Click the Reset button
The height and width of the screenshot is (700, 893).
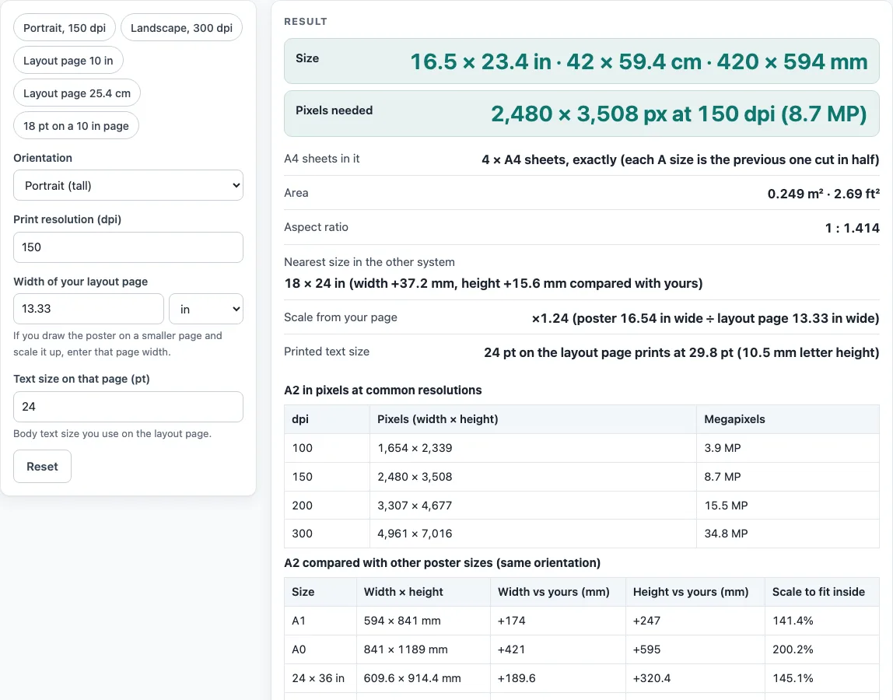click(42, 467)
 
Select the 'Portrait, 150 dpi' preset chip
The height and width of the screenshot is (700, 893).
click(65, 28)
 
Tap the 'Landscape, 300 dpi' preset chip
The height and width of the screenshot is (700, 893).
click(182, 28)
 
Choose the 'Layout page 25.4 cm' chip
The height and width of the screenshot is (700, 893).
click(77, 93)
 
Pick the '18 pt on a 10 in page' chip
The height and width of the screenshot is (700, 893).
click(76, 126)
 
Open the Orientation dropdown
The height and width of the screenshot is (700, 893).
click(128, 186)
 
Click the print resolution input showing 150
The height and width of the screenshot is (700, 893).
click(128, 247)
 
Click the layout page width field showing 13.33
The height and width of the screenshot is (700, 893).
click(88, 309)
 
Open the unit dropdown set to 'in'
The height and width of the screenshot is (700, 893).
click(206, 309)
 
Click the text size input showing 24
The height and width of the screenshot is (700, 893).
click(128, 407)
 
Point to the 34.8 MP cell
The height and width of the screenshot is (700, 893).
click(726, 534)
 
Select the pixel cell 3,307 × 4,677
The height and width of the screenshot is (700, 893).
click(415, 506)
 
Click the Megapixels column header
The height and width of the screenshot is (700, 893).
click(734, 419)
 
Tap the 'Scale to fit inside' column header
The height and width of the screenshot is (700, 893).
click(818, 592)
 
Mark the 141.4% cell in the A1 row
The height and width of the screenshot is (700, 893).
click(793, 621)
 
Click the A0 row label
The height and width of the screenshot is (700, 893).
click(299, 649)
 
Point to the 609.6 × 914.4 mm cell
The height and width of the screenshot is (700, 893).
click(412, 678)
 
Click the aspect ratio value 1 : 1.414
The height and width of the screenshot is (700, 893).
click(852, 228)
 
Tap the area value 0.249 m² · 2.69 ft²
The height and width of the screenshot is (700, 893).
click(824, 194)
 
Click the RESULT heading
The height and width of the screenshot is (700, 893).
click(306, 22)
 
